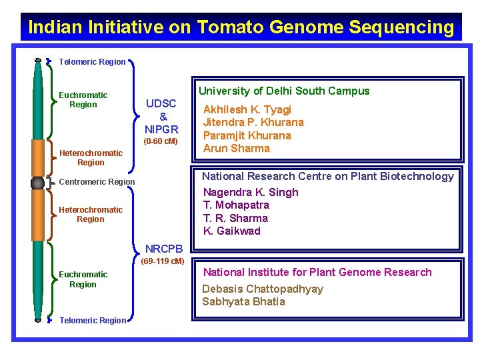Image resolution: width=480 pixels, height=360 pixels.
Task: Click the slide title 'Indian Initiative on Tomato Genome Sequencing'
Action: [x=241, y=27]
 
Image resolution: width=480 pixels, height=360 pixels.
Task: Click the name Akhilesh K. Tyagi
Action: [x=247, y=109]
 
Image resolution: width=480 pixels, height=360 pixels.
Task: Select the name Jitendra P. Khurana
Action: [x=253, y=122]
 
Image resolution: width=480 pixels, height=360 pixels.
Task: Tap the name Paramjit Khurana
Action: [x=247, y=135]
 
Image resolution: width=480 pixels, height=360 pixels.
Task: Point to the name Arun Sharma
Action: [x=236, y=148]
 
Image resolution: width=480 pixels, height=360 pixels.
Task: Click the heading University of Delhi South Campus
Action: [x=283, y=91]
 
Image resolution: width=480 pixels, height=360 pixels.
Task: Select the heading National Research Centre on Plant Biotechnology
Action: [x=327, y=176]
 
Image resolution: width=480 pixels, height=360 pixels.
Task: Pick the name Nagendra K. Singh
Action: [x=250, y=192]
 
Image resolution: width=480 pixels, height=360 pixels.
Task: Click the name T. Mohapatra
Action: [x=236, y=205]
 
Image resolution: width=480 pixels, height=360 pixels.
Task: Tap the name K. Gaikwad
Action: [x=231, y=231]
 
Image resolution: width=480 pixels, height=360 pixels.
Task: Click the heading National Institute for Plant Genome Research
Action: [x=317, y=272]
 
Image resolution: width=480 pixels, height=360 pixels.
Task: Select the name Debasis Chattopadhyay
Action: [x=263, y=289]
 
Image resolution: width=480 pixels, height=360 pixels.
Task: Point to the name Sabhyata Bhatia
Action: [x=243, y=301]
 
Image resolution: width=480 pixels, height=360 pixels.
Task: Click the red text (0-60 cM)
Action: [x=161, y=141]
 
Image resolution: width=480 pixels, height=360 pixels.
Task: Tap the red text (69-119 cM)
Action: [x=163, y=261]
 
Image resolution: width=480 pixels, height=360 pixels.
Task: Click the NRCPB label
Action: [x=163, y=249]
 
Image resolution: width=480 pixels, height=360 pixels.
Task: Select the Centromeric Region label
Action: [x=97, y=182]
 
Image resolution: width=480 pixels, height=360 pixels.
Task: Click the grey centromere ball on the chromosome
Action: [x=37, y=183]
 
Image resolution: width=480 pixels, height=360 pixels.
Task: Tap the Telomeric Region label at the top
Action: [x=92, y=62]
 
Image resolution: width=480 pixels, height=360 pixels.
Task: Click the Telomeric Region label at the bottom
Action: [x=93, y=321]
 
